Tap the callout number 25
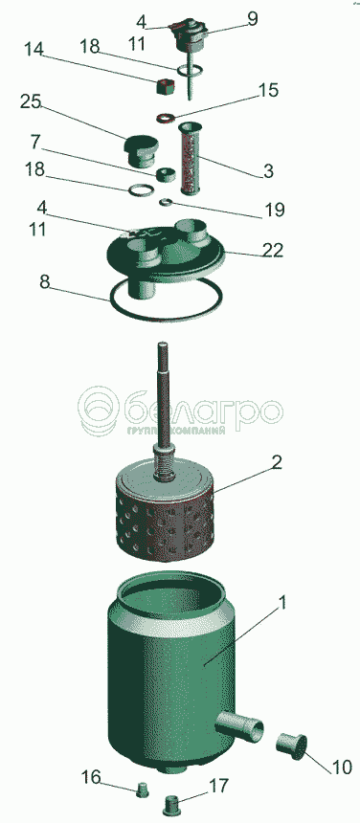31,101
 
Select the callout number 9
253,20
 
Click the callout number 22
272,250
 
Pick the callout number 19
275,211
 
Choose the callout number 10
341,767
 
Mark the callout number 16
91,777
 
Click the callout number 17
219,786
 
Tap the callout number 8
46,281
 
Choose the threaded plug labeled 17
172,804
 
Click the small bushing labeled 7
167,174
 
